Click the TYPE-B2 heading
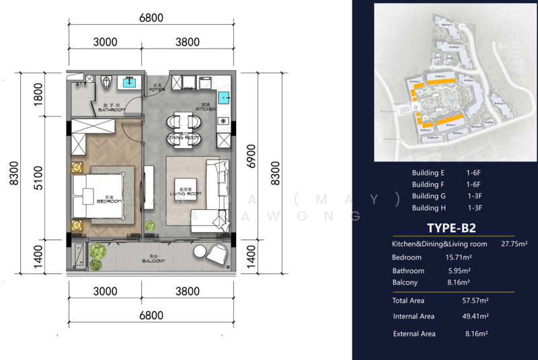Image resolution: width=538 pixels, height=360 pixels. pos(451,227)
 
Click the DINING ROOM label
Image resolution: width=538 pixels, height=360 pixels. pos(184,137)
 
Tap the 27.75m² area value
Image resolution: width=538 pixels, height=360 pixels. pos(513,244)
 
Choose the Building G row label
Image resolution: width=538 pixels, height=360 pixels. pos(429,196)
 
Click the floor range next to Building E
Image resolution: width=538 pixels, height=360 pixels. pos(474,173)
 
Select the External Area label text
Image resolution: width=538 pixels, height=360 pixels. pos(414,334)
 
